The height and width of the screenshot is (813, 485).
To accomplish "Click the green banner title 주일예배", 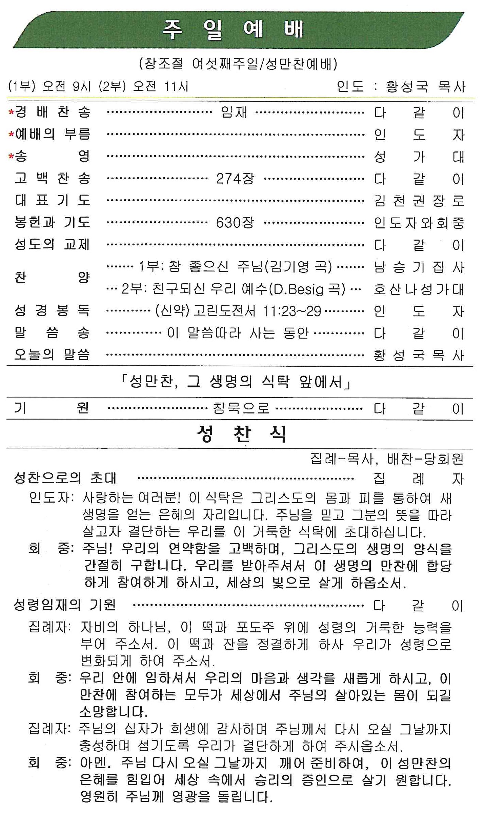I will click(x=233, y=29).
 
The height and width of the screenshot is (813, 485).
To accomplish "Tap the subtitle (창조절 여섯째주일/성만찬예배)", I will click(x=238, y=64).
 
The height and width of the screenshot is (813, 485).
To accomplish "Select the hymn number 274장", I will click(x=235, y=179).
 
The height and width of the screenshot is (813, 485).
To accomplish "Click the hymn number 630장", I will click(x=235, y=223).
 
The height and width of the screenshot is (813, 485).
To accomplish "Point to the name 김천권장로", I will click(x=419, y=201).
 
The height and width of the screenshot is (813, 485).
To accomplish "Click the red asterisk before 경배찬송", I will click(x=11, y=113).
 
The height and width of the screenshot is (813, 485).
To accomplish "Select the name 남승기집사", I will click(x=419, y=267).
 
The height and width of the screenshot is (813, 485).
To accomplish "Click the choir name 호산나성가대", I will click(x=419, y=289).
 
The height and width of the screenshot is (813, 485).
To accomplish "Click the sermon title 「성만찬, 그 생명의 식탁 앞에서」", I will click(x=236, y=382).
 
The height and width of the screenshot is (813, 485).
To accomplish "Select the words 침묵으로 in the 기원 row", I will click(x=241, y=408).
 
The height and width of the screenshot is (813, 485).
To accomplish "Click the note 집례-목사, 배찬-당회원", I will click(x=387, y=459).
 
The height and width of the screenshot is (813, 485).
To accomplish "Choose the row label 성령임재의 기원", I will click(x=65, y=605).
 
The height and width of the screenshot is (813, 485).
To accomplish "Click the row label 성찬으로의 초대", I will click(x=65, y=478).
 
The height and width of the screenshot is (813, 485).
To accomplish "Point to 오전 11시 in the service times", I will click(x=161, y=86).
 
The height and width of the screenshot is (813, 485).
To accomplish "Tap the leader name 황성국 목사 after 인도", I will click(x=426, y=86).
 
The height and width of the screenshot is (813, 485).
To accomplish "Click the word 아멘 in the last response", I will click(x=95, y=763).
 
